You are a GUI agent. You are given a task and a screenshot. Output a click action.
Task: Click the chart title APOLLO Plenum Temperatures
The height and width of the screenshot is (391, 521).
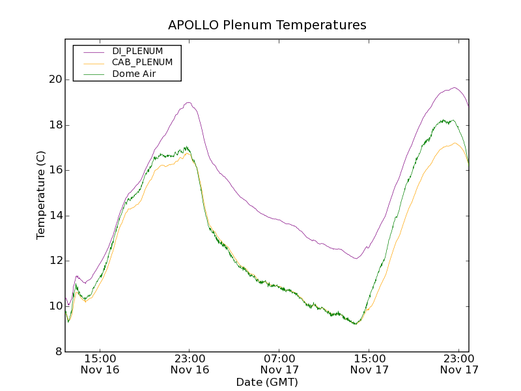point(267,25)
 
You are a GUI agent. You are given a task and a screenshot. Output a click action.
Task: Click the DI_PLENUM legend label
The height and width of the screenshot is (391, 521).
point(137,51)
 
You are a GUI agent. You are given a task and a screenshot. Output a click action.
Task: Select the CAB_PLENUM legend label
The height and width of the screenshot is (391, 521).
point(142,63)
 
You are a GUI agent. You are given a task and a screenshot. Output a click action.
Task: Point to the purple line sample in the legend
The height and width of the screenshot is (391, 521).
point(92,51)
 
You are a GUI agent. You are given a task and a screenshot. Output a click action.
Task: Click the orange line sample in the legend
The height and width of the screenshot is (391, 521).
point(92,63)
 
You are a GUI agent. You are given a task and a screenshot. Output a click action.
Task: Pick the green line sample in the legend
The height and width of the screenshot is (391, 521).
point(92,74)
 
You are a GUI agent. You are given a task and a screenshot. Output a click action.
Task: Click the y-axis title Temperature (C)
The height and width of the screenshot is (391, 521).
point(41,195)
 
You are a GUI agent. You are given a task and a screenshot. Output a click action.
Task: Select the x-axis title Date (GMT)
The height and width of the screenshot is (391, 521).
point(266,382)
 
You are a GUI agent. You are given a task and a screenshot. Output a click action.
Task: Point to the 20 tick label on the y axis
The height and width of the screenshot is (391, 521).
point(55,80)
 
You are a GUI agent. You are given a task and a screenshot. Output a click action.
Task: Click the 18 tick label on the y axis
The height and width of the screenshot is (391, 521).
point(55,125)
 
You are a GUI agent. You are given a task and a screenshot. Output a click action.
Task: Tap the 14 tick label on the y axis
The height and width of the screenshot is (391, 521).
point(55,216)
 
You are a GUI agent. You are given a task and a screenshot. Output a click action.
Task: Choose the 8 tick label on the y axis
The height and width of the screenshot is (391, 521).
point(59,352)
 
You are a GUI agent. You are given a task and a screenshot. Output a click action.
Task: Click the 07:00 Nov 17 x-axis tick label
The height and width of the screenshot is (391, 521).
point(279,364)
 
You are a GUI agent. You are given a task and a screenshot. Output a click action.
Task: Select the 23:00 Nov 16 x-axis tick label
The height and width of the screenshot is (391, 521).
point(190,364)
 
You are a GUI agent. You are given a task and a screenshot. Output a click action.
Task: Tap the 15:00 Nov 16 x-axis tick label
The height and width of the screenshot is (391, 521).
point(100,364)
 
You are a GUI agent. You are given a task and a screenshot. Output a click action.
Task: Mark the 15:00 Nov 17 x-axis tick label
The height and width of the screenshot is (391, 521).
point(369,364)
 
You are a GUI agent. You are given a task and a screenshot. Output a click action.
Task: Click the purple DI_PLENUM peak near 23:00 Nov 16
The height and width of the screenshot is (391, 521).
point(188,102)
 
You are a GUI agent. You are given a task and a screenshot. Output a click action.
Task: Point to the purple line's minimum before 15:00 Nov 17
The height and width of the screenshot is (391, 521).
point(356,259)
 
